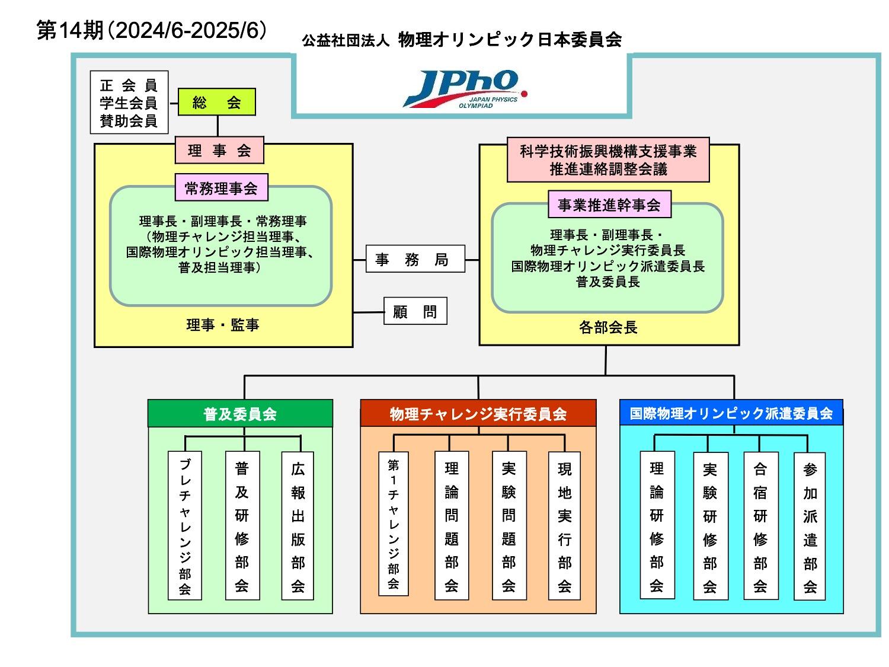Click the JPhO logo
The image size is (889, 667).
[x=463, y=89]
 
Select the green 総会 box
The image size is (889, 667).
[x=217, y=102]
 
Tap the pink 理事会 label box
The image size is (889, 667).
[x=219, y=151]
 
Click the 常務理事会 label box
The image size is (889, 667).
[x=221, y=188]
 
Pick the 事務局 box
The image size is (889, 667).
[x=415, y=259]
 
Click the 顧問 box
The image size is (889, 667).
[x=415, y=311]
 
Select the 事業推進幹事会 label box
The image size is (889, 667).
[x=609, y=205]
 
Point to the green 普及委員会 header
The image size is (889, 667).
[x=240, y=413]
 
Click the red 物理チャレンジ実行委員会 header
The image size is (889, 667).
[x=478, y=413]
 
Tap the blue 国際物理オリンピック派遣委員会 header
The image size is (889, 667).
[x=731, y=413]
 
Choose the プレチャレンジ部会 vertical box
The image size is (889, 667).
[x=185, y=525]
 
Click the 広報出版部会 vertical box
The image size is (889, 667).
[x=298, y=525]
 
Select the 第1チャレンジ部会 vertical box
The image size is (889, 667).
[x=394, y=524]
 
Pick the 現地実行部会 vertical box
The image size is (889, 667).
[x=564, y=525]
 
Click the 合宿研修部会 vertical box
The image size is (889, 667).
[x=760, y=525]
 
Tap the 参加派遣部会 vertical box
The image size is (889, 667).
[x=810, y=526]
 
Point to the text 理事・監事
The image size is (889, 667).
[x=223, y=325]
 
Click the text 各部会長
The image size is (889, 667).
[x=608, y=327]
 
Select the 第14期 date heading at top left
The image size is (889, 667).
[x=152, y=31]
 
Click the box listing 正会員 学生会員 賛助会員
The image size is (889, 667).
[x=129, y=103]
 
